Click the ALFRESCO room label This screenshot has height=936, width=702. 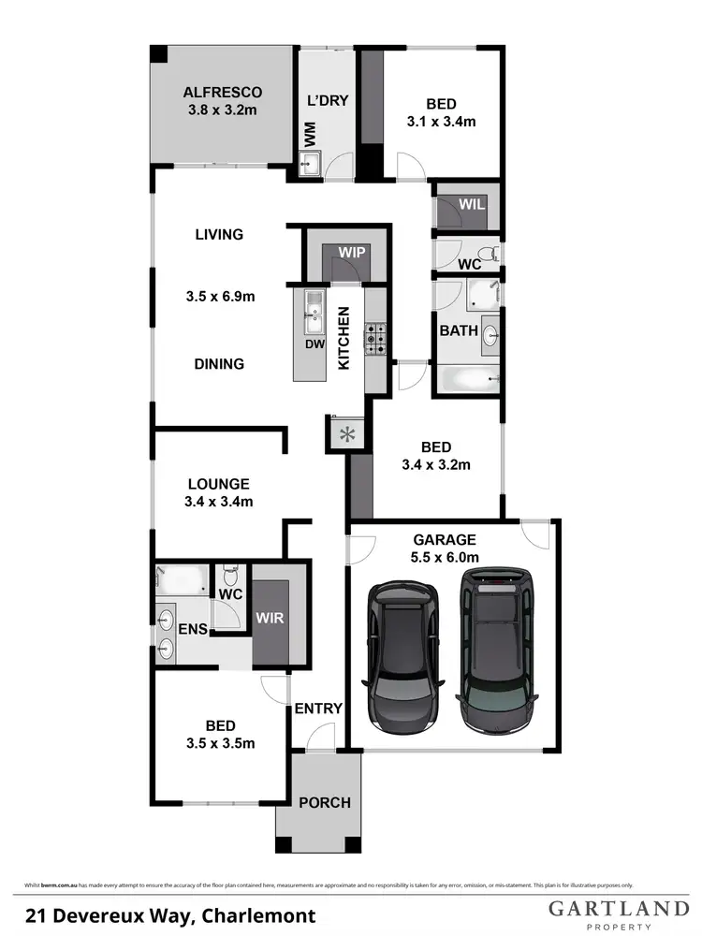pyautogui.click(x=222, y=92)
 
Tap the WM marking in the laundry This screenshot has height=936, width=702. pyautogui.click(x=308, y=137)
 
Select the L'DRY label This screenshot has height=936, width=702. pyautogui.click(x=328, y=100)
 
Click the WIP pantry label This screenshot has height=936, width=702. pyautogui.click(x=353, y=253)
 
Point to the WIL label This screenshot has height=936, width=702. pyautogui.click(x=471, y=205)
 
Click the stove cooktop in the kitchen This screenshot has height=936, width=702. pyautogui.click(x=375, y=338)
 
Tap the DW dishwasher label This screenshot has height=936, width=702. pyautogui.click(x=314, y=344)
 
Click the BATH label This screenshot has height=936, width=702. pyautogui.click(x=460, y=330)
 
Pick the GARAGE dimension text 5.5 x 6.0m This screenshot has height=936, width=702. pyautogui.click(x=446, y=558)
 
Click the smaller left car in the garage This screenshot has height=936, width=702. pyautogui.click(x=402, y=655)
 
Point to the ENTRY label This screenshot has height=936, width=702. pyautogui.click(x=318, y=709)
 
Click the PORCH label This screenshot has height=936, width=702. pyautogui.click(x=325, y=802)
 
